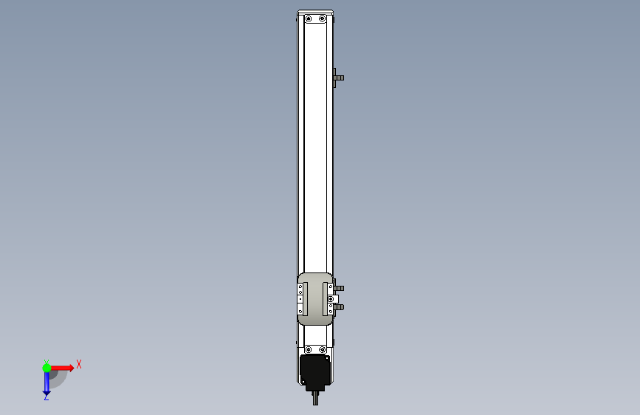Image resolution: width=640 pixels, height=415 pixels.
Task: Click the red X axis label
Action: tap(79, 364)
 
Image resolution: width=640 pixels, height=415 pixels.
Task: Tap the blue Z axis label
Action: tap(47, 397)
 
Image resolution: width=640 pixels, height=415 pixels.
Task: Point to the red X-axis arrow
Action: tap(62, 368)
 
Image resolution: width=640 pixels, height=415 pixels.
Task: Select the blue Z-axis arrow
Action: tap(47, 383)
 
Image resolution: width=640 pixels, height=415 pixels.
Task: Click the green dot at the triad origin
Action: tap(47, 368)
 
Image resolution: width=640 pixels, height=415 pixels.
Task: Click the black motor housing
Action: tap(315, 371)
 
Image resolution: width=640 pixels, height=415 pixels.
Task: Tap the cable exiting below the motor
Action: tap(315, 398)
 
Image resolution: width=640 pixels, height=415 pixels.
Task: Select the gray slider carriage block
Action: tap(314, 299)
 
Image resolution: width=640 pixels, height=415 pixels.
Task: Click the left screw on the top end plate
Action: tap(309, 18)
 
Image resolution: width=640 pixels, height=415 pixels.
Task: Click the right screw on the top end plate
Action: tap(322, 18)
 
